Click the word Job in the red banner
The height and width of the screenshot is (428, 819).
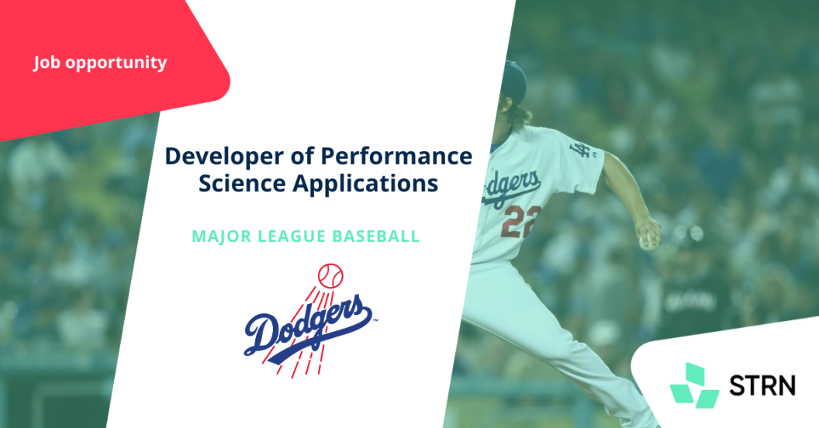pyautogui.click(x=47, y=63)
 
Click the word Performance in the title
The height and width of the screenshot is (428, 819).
pyautogui.click(x=396, y=156)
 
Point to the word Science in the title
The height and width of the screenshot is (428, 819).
pyautogui.click(x=242, y=183)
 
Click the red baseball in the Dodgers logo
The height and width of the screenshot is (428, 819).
pyautogui.click(x=330, y=276)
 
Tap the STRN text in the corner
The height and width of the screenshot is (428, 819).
pyautogui.click(x=762, y=385)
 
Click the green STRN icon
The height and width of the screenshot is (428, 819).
pyautogui.click(x=694, y=385)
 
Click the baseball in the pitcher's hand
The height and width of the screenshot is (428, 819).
pyautogui.click(x=647, y=241)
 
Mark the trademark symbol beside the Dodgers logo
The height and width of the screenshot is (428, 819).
pyautogui.click(x=375, y=319)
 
